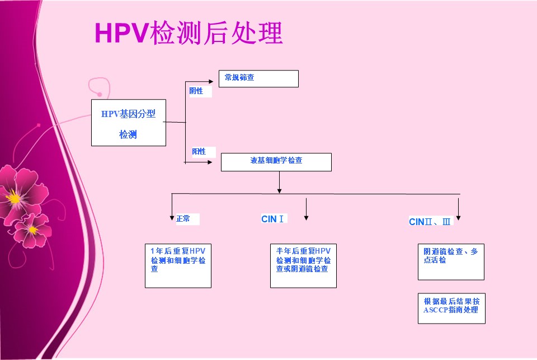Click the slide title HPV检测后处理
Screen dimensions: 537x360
pos(189,32)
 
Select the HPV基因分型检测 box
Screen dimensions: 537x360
pos(129,123)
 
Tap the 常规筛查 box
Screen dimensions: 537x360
pos(258,78)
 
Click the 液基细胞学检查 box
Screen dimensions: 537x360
pos(276,162)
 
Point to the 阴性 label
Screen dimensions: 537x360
pos(196,91)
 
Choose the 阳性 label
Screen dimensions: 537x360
pos(199,152)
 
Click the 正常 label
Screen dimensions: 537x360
pos(183,219)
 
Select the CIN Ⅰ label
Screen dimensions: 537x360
pos(272,219)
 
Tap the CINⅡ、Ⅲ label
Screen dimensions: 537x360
pos(430,222)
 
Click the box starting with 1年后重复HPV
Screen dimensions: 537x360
pos(178,266)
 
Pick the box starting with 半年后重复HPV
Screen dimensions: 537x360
pos(303,266)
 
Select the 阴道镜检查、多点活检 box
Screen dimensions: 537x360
pos(451,262)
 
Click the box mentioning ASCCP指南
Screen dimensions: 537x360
pos(451,308)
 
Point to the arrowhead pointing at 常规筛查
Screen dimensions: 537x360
pos(211,82)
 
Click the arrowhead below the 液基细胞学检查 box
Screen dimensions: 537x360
pos(280,191)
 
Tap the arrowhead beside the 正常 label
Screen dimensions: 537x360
pos(172,218)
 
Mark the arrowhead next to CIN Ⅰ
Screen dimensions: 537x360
pos(306,218)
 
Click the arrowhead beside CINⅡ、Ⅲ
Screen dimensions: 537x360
pos(459,218)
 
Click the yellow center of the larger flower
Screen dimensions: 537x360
pos(13,198)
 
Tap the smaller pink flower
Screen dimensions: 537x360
pos(32,230)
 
